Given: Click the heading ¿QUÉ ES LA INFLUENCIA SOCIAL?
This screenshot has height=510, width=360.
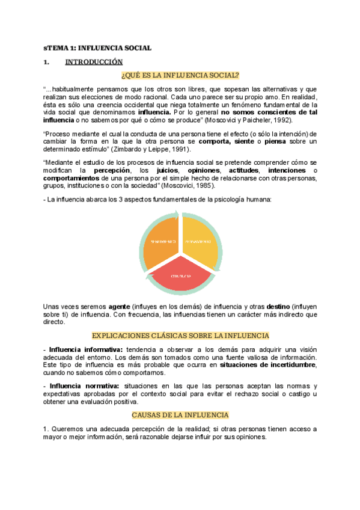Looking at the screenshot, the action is coord(180,75).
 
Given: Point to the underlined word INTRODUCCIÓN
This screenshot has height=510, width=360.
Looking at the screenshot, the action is coord(94,61).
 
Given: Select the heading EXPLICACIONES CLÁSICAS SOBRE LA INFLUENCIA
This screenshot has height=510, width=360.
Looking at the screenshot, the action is coord(180,335).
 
